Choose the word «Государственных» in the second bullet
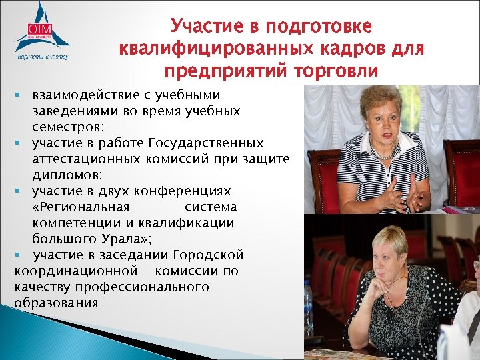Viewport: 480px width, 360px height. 207,143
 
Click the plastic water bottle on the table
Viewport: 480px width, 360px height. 308,307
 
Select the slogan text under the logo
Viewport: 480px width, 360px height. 42,57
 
